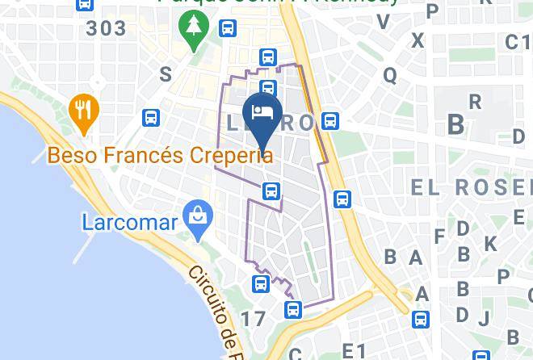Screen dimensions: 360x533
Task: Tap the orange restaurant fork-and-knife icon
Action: point(82,110)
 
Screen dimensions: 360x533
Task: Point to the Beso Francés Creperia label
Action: point(160,154)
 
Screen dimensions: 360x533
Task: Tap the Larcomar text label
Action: point(129,221)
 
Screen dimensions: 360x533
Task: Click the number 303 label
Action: point(107,29)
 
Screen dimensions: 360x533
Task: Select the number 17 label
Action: point(252,319)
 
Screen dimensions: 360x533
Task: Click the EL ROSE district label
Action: point(472,187)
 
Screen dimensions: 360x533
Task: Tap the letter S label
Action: point(166,74)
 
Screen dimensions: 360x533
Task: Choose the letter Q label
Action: point(390,75)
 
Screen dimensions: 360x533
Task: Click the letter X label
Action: point(418,40)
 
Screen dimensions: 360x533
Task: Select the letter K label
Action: point(489,243)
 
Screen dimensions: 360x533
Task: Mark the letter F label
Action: point(440,237)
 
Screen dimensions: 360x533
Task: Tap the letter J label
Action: point(483,317)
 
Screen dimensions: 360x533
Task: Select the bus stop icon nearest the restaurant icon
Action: point(150,117)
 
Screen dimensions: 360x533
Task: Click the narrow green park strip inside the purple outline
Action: point(308,257)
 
